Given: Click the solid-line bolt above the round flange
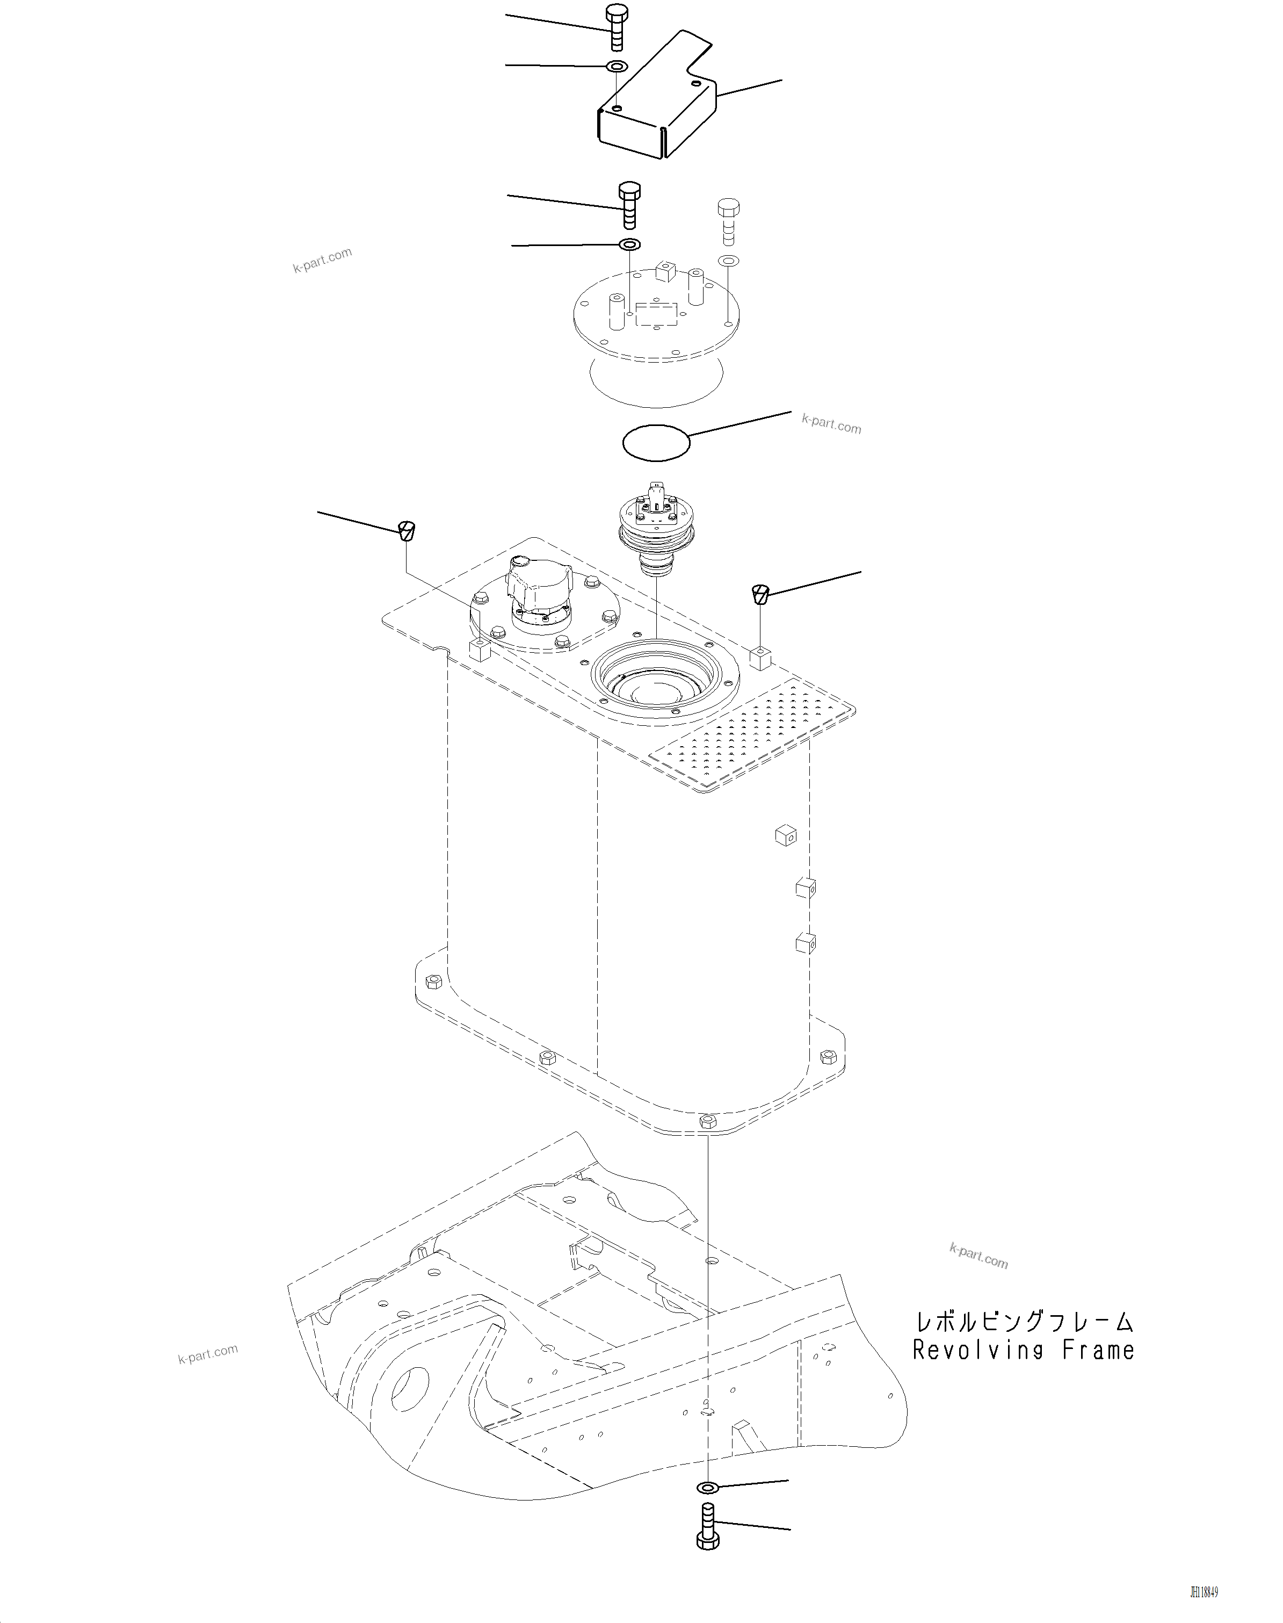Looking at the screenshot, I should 629,204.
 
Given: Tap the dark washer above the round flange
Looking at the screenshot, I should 629,245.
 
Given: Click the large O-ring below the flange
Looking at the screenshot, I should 656,441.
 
